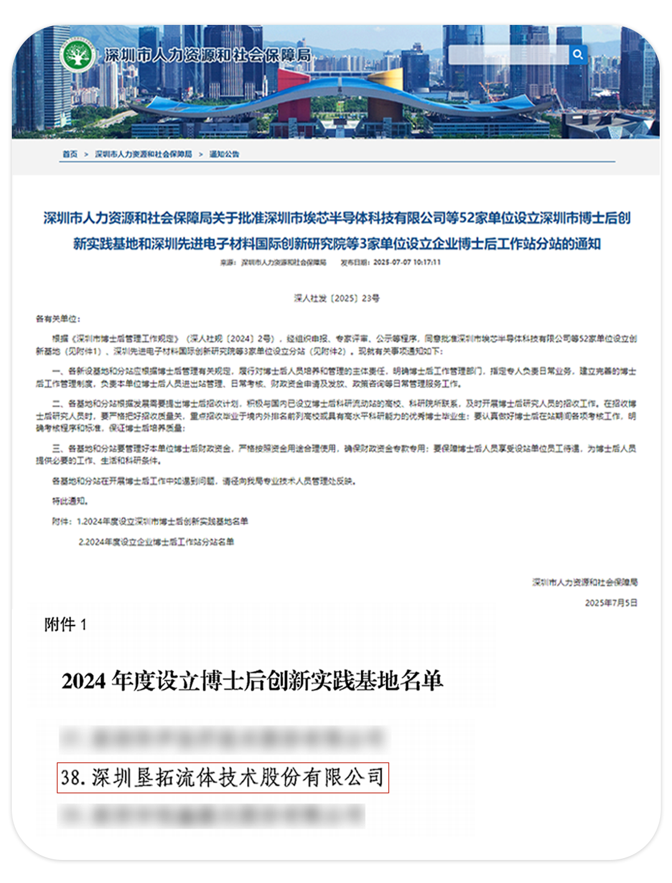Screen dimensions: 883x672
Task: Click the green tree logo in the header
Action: click(x=77, y=55)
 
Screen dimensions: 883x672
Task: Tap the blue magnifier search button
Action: click(x=577, y=55)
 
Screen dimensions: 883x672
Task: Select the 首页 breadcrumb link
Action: click(x=70, y=154)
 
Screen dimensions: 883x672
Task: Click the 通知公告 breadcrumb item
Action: click(x=224, y=154)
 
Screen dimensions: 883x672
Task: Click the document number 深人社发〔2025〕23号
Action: click(x=337, y=299)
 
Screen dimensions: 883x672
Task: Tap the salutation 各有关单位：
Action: click(x=58, y=319)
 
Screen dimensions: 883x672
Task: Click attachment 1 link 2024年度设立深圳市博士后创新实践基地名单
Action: click(x=162, y=521)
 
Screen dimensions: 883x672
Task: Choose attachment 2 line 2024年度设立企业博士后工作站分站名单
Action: click(x=156, y=542)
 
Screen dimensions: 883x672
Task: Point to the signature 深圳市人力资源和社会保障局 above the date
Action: click(x=585, y=582)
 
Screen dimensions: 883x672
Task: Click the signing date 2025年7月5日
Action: click(x=611, y=603)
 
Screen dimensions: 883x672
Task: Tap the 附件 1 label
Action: click(x=65, y=625)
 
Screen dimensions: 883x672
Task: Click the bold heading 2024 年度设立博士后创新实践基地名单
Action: click(x=252, y=681)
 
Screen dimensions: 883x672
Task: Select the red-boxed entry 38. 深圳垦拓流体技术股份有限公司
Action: click(x=223, y=778)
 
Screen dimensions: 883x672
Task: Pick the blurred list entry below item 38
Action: click(x=212, y=815)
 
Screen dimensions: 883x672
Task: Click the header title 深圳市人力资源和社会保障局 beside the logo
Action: click(x=208, y=55)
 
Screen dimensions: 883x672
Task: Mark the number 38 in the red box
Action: click(x=72, y=778)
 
